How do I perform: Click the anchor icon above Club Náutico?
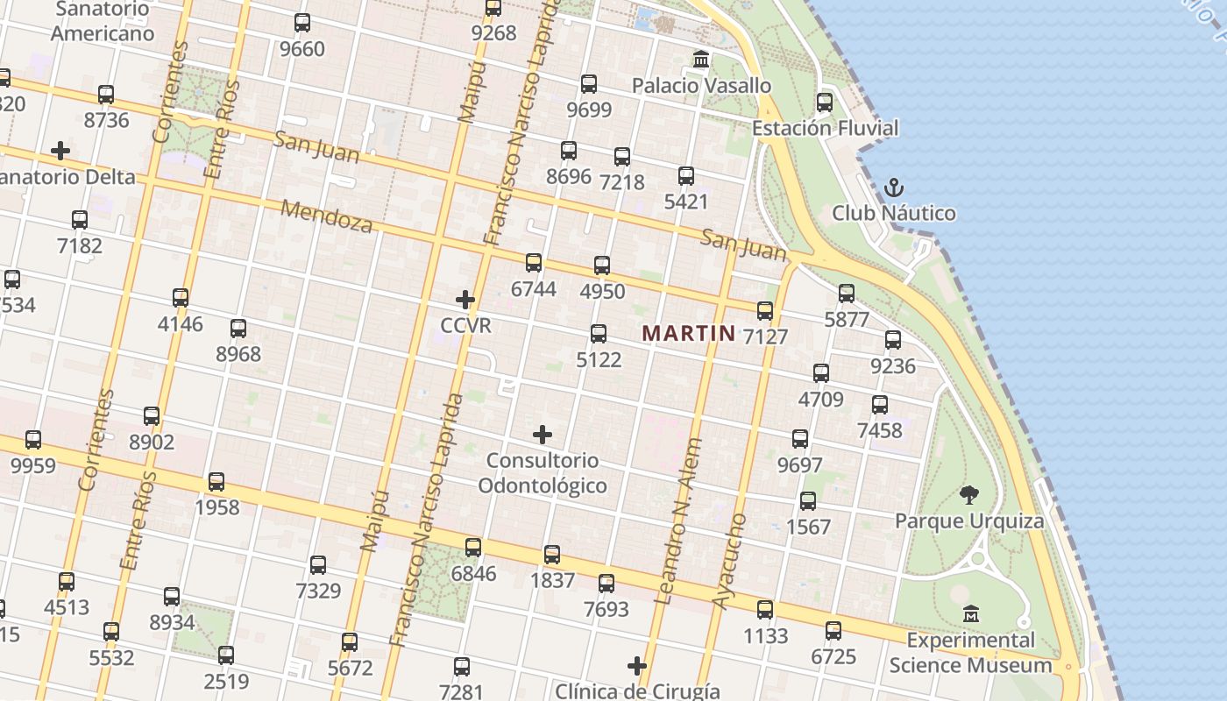pos(893,187)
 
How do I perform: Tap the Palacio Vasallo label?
pos(701,86)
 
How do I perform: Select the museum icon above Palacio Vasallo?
pos(701,60)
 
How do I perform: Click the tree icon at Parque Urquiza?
pos(968,495)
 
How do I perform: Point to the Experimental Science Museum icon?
pos(970,613)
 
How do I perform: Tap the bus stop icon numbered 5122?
pos(599,334)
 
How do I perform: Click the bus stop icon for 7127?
pos(765,310)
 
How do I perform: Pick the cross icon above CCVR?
pos(465,300)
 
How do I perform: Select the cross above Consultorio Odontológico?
pos(543,434)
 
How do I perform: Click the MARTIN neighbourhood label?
pos(688,333)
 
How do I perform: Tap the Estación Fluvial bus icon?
pos(824,103)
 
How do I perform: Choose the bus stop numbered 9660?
pos(302,23)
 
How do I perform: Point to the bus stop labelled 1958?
pos(216,482)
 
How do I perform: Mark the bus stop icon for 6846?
pos(473,548)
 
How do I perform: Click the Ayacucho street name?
pos(729,561)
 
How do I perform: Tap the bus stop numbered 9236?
pos(893,340)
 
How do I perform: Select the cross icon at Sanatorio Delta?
pos(60,151)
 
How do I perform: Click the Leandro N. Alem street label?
pos(679,521)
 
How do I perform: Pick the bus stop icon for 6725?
pos(833,631)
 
